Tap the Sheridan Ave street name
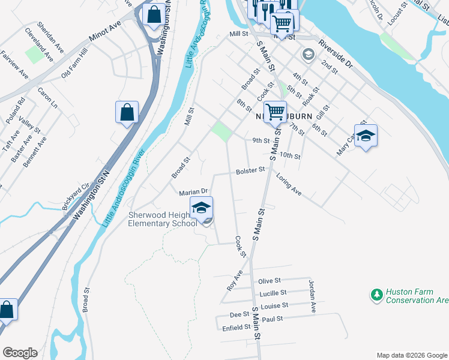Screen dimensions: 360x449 [50, 36]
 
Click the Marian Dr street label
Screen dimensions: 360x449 [193, 192]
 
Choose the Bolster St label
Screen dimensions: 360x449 [250, 170]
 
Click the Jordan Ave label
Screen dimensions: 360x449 [312, 296]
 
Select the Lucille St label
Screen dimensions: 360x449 [273, 293]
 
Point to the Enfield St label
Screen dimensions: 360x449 [236, 328]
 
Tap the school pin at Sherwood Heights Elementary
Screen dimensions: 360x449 [202, 209]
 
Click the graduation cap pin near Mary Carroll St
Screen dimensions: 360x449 [366, 137]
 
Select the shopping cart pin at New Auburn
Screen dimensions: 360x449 [275, 112]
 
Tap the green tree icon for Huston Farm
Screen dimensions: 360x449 [376, 295]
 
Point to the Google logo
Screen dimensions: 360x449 [19, 353]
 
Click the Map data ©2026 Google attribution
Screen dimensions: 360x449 [412, 355]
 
